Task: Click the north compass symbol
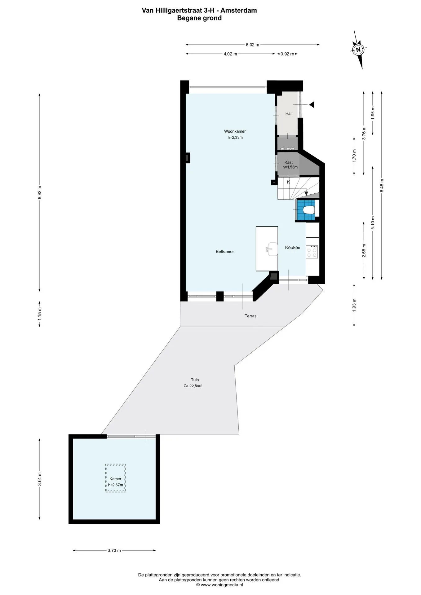click(x=359, y=50)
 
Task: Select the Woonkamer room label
click(x=235, y=131)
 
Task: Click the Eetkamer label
click(x=225, y=252)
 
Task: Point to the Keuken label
click(x=293, y=248)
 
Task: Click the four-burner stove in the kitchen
click(x=312, y=251)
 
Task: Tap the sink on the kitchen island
click(x=273, y=249)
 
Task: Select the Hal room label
click(x=288, y=114)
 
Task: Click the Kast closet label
click(x=289, y=162)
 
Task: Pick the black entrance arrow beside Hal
click(x=312, y=105)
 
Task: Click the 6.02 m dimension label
click(x=252, y=45)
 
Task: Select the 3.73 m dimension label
click(x=114, y=550)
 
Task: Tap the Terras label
click(x=250, y=316)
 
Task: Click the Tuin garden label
click(x=195, y=380)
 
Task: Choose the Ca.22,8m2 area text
click(x=193, y=386)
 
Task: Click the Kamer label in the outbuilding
click(x=115, y=479)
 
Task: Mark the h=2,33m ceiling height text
click(x=235, y=138)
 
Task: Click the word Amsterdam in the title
click(x=238, y=11)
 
